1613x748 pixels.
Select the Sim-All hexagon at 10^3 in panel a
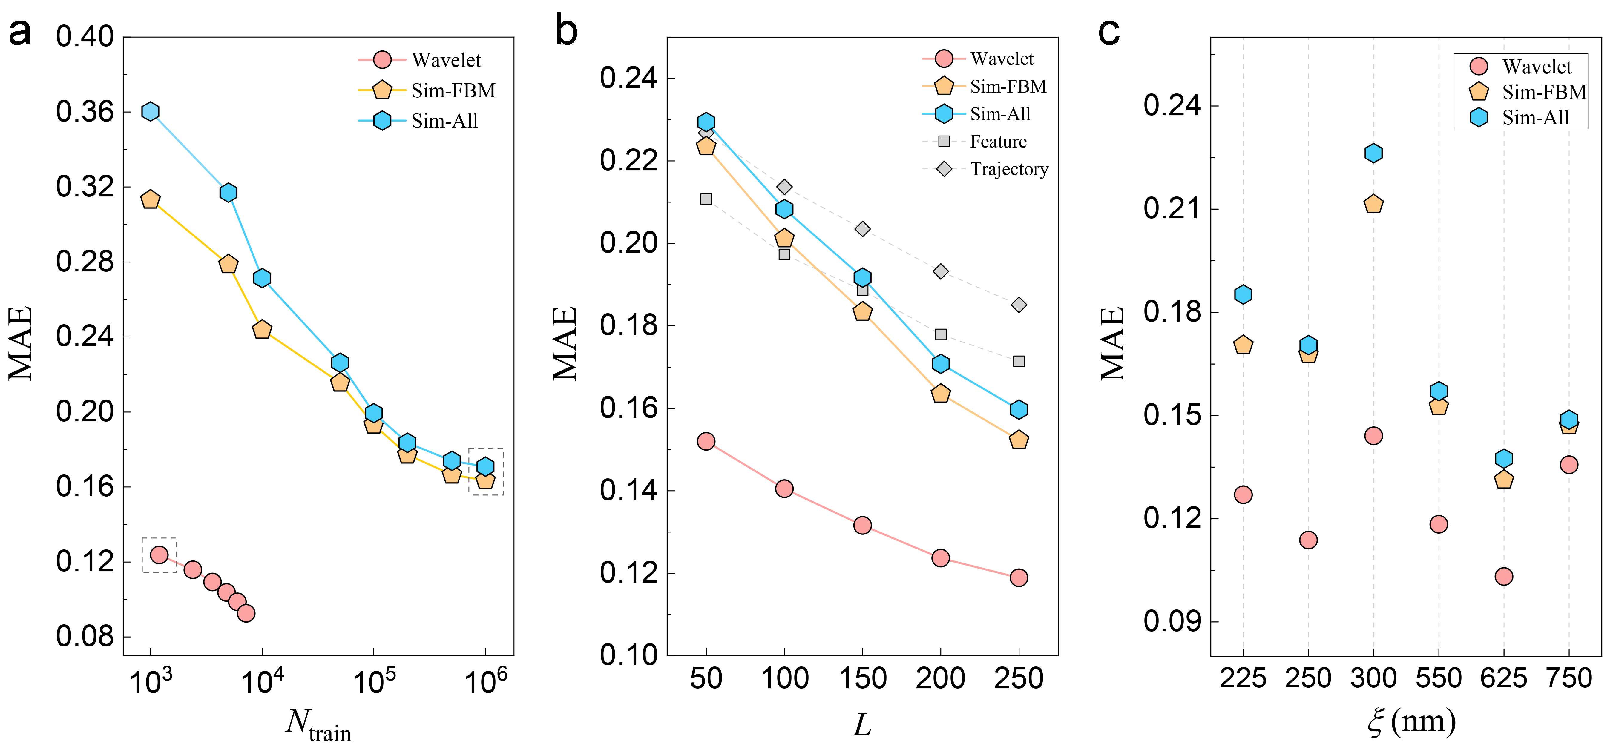click(x=150, y=111)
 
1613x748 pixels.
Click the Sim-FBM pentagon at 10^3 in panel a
click(x=150, y=200)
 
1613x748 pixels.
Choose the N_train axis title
click(x=318, y=724)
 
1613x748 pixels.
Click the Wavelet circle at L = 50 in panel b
click(x=706, y=441)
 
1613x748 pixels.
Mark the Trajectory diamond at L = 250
click(x=1019, y=305)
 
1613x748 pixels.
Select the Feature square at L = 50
click(x=706, y=199)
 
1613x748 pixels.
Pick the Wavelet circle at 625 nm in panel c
click(x=1503, y=576)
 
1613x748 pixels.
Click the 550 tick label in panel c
click(x=1438, y=678)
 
